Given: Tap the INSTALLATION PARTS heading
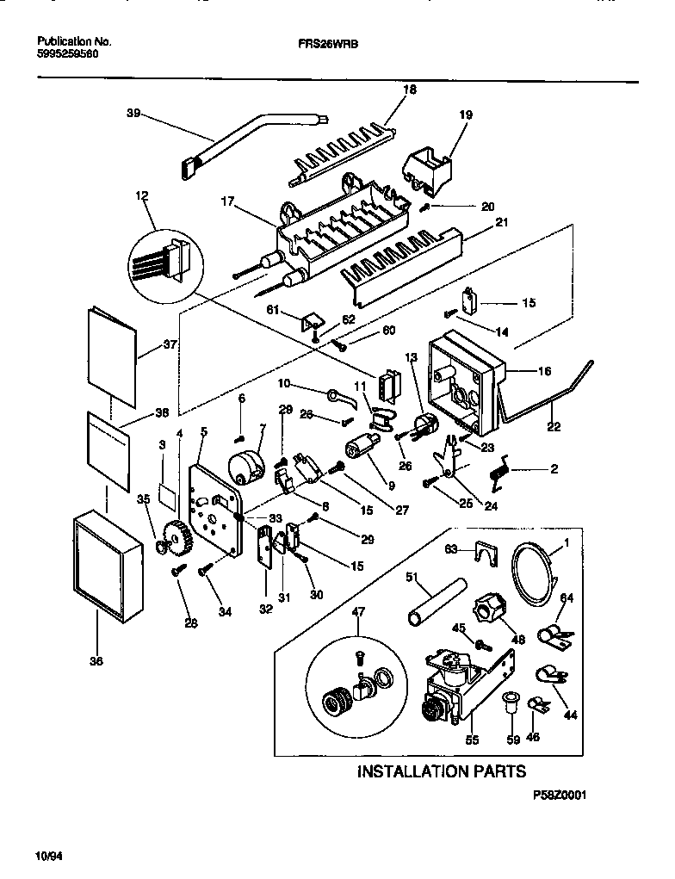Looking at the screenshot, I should point(441,771).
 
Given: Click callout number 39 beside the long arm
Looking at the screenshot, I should point(133,113).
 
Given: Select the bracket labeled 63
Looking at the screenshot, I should point(487,552).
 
